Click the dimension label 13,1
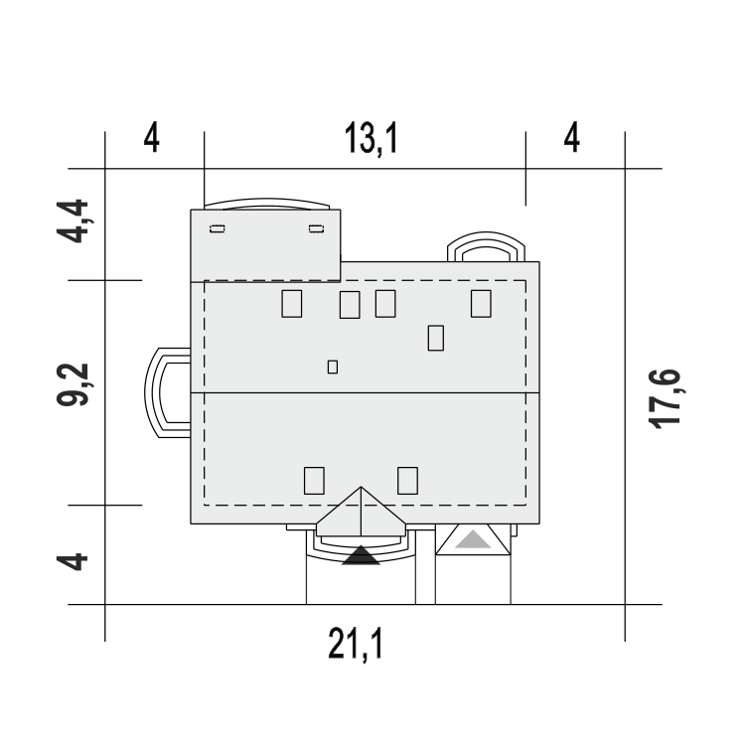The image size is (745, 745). click(371, 138)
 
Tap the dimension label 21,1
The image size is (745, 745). click(356, 644)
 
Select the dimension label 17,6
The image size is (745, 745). click(666, 399)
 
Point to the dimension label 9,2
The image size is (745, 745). click(74, 384)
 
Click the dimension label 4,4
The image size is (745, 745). click(74, 222)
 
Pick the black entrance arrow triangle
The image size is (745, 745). click(362, 555)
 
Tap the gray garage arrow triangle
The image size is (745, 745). click(473, 539)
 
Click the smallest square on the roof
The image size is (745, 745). click(333, 367)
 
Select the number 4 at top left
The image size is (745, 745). click(152, 138)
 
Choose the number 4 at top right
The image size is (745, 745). click(572, 138)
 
